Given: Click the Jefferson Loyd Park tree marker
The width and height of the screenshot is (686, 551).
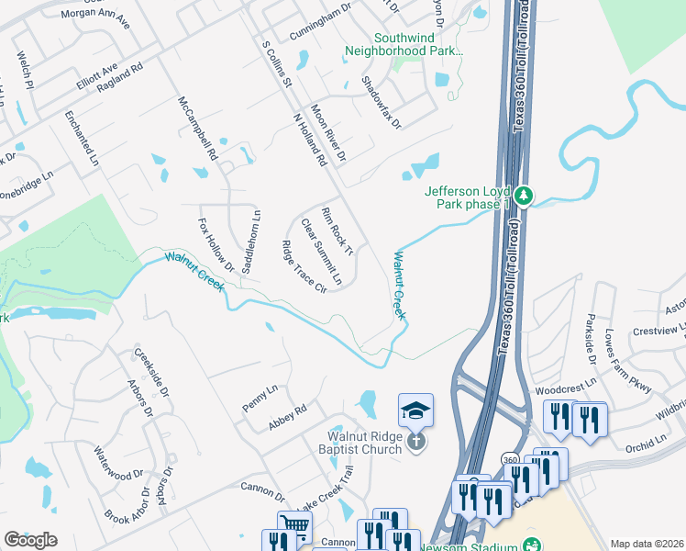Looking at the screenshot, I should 524,196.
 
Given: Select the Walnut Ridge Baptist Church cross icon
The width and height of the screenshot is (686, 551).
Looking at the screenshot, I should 415,442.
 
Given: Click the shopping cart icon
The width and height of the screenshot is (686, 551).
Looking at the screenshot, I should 294,526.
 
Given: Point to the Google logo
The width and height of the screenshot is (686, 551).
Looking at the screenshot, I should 30,539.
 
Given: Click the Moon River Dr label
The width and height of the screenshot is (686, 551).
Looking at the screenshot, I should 327,132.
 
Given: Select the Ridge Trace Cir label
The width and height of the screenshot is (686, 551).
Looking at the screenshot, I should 304,267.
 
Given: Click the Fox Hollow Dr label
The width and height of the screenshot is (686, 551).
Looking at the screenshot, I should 210,244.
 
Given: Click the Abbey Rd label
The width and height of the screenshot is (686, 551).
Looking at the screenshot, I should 286,418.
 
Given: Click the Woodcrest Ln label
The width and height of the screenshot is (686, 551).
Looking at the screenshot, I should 565,385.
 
